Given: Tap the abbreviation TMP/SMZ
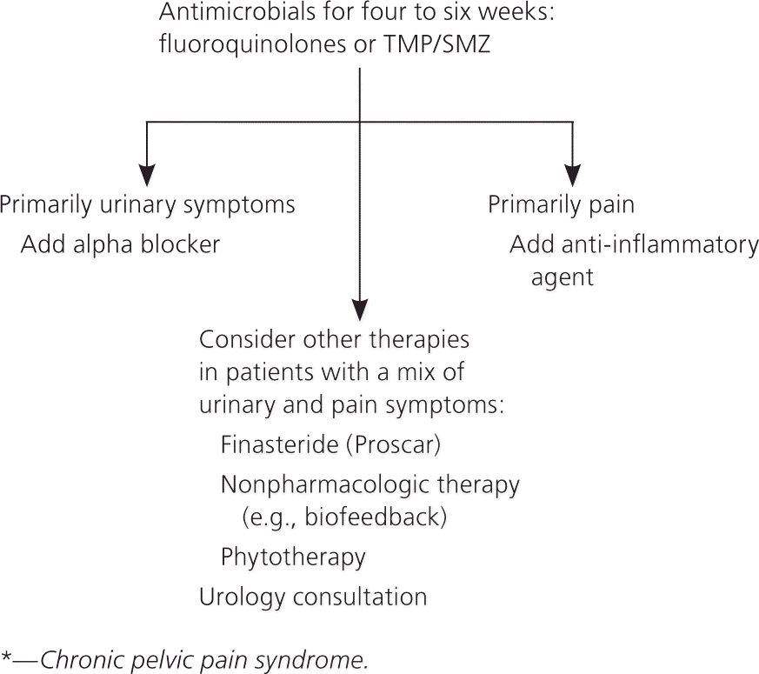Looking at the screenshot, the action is [x=436, y=44].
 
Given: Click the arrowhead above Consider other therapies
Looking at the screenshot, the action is [x=360, y=310].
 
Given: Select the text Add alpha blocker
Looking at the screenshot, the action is [x=120, y=244].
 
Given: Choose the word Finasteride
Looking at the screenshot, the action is [x=279, y=444].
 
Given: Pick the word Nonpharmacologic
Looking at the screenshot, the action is [x=325, y=484].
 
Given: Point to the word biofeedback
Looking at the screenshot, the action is [x=376, y=517].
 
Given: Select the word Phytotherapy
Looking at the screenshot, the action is [x=293, y=557].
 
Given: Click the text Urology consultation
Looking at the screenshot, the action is [x=313, y=597].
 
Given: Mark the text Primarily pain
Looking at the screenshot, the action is [x=561, y=205].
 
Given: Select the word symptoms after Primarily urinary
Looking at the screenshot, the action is [x=238, y=205].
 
